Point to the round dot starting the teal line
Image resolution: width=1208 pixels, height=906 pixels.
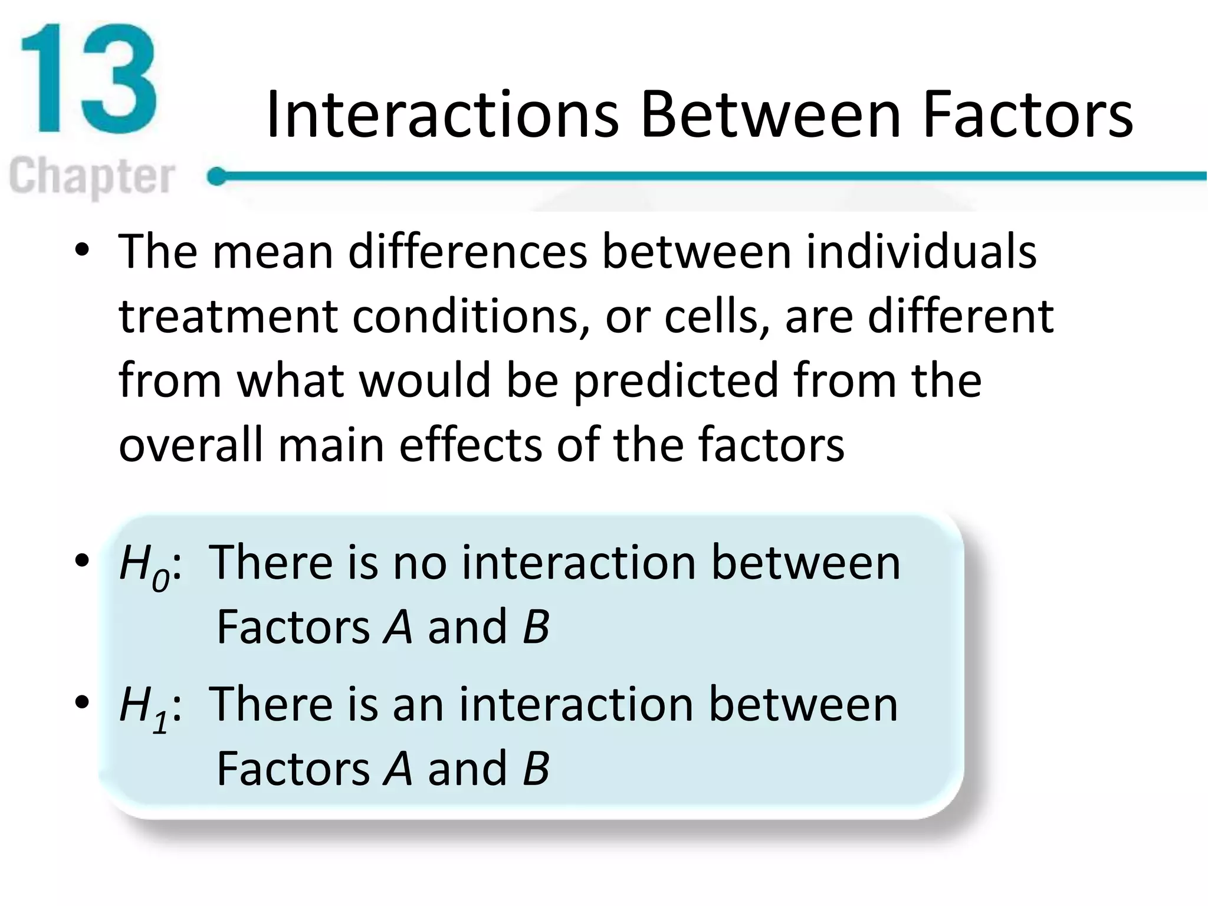coord(218,176)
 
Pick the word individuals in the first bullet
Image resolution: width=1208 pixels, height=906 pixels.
coord(921,252)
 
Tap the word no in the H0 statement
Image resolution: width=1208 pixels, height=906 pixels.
coord(420,563)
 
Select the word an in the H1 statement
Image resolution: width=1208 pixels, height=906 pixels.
coord(418,705)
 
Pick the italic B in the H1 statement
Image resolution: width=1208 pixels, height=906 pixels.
coord(536,769)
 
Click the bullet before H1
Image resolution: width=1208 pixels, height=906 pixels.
coord(82,703)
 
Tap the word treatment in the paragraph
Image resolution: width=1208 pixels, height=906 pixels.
coord(228,316)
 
